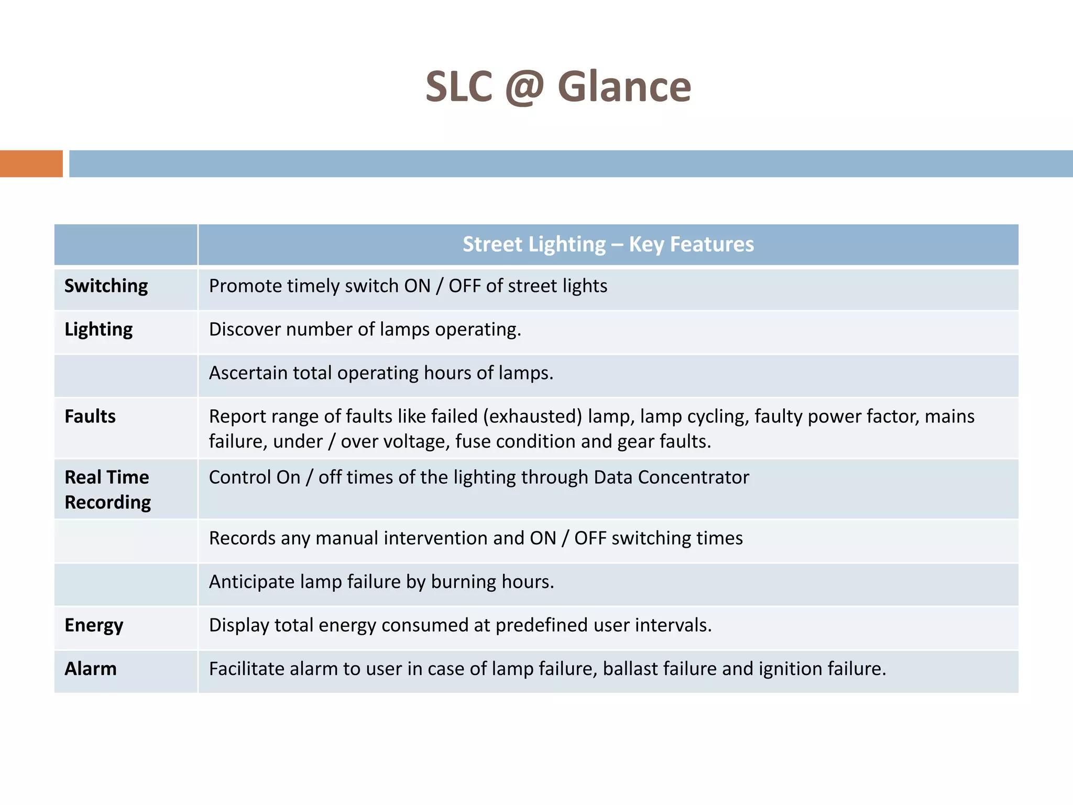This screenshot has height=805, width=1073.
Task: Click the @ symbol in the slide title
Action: pos(524,88)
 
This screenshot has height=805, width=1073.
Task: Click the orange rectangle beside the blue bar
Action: pos(31,164)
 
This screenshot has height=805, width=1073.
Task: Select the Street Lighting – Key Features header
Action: pos(608,244)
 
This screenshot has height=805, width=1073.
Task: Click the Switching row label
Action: pos(106,286)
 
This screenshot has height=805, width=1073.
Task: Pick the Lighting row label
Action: pos(98,330)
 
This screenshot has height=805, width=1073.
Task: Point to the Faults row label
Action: pos(90,416)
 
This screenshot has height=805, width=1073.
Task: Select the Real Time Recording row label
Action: pos(107,489)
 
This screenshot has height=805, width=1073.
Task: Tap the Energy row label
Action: pos(94,625)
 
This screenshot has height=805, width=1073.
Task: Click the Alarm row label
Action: pos(91,669)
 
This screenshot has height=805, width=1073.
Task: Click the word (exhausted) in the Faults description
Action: pos(532,417)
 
